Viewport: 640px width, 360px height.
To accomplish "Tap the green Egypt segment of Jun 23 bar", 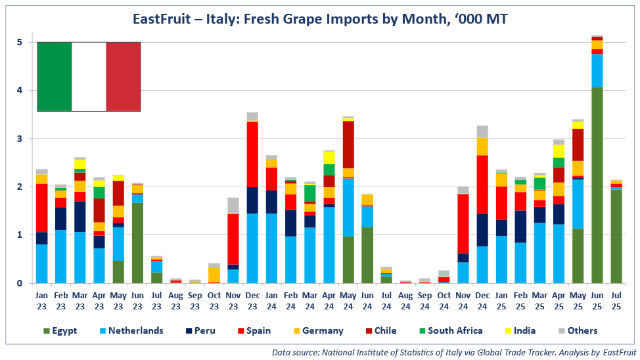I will click(x=137, y=243).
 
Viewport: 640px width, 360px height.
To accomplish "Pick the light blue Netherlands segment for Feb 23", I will click(x=60, y=256).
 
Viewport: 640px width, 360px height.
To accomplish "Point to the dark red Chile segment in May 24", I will click(x=348, y=145).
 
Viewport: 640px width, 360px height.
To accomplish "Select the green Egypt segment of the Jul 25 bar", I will click(x=616, y=236).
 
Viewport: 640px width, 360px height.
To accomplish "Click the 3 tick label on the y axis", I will click(x=20, y=139).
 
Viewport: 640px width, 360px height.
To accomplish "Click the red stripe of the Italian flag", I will click(x=124, y=76).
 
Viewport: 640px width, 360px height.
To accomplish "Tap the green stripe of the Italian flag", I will click(x=54, y=76).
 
